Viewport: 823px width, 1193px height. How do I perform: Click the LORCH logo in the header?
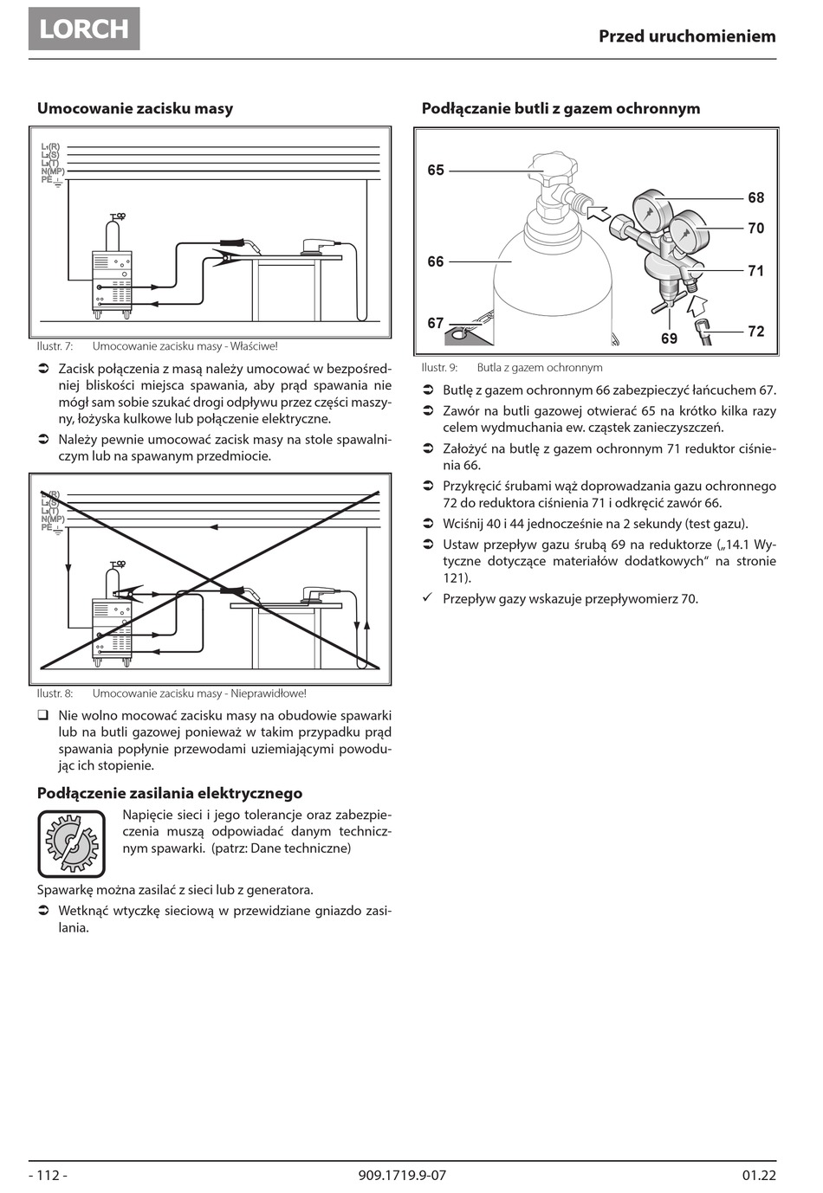click(x=84, y=29)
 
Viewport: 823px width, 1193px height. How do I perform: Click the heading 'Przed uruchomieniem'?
click(x=687, y=36)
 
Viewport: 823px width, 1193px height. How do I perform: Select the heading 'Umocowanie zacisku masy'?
click(x=134, y=108)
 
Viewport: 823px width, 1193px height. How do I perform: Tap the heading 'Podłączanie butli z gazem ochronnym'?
click(x=561, y=108)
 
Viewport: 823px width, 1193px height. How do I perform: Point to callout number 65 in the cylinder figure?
click(x=436, y=171)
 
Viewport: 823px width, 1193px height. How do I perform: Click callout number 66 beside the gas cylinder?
click(x=436, y=261)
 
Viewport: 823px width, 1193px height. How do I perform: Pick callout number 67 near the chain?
click(x=436, y=323)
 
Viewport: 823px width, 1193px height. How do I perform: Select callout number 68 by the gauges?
click(x=756, y=197)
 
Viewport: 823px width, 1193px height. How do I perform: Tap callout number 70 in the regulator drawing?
click(x=756, y=229)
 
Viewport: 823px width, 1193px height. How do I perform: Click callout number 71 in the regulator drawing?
click(x=756, y=271)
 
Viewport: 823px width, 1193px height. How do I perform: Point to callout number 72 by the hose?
click(x=756, y=332)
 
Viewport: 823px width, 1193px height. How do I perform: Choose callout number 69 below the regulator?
click(x=670, y=339)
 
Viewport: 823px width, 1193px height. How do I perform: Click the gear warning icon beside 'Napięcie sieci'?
click(x=71, y=843)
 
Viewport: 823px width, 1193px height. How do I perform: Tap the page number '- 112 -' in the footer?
click(x=49, y=1175)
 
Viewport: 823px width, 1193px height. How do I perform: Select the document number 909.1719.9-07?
click(x=401, y=1175)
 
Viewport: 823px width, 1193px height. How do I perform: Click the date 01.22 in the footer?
click(x=759, y=1175)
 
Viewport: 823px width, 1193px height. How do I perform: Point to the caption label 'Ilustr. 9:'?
click(x=439, y=367)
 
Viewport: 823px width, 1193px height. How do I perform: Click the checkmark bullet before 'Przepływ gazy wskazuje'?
click(x=427, y=598)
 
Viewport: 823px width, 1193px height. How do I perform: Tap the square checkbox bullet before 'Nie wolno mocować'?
click(x=42, y=716)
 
